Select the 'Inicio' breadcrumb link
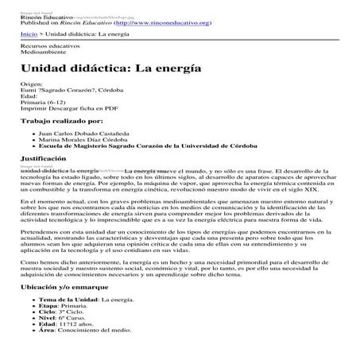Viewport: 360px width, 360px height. pos(29,36)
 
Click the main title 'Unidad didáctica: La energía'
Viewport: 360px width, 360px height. pos(99,70)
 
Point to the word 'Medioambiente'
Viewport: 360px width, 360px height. pos(43,54)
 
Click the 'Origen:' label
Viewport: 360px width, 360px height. pos(33,84)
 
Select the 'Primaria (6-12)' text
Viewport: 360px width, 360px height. pos(45,103)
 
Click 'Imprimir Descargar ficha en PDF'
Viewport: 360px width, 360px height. pos(69,110)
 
